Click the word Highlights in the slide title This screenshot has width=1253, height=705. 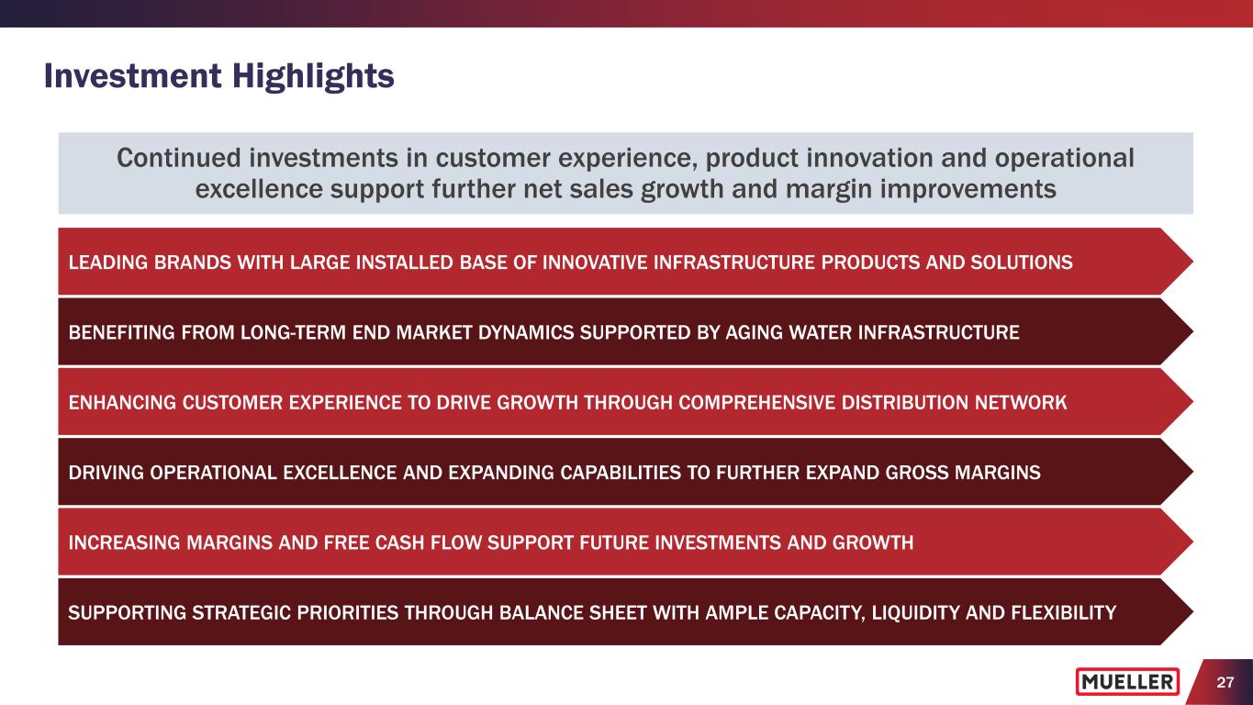(313, 77)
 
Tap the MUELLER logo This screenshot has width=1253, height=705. (1127, 681)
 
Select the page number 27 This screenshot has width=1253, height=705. (1225, 682)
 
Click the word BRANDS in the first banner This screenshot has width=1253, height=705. (193, 263)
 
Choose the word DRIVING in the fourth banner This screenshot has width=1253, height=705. (106, 472)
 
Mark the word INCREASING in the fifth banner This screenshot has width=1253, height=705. (124, 543)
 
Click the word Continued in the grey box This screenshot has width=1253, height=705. (178, 158)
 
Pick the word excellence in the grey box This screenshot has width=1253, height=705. (259, 189)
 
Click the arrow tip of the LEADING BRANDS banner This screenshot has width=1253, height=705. (1192, 262)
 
